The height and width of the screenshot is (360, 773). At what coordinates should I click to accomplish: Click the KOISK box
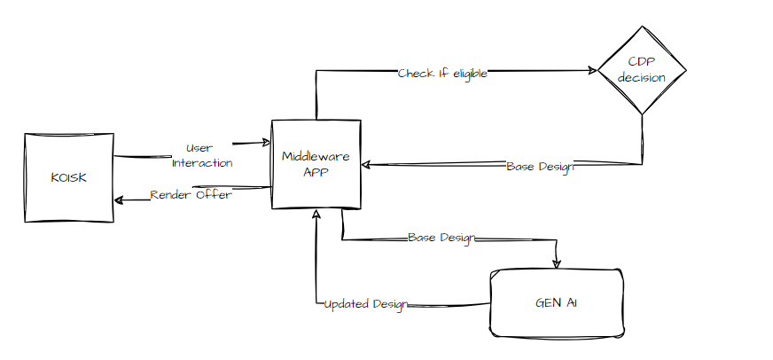(x=68, y=177)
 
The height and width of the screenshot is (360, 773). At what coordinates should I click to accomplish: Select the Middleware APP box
(x=316, y=164)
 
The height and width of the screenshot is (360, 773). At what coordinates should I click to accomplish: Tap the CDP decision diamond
(x=643, y=70)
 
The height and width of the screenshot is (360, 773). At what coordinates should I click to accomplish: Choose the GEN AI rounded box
(x=557, y=303)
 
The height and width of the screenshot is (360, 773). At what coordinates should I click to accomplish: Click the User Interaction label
(x=201, y=155)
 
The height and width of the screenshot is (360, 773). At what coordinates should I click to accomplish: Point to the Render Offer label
(x=191, y=195)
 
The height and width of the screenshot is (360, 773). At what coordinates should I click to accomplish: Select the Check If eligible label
(x=442, y=73)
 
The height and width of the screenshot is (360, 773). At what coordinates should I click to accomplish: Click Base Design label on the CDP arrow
(x=540, y=166)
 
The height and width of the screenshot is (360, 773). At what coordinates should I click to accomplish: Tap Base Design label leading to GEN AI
(x=441, y=239)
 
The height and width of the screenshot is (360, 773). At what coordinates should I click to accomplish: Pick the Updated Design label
(x=364, y=304)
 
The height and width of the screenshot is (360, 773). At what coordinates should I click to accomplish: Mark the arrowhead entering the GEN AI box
(x=557, y=263)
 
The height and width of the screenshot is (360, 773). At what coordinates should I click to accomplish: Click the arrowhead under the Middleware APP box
(x=316, y=215)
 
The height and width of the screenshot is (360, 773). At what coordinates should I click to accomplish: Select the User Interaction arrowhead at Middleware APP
(x=265, y=142)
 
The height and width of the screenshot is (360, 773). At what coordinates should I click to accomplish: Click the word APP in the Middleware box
(x=316, y=172)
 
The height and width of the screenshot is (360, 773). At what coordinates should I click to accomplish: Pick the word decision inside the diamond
(x=643, y=78)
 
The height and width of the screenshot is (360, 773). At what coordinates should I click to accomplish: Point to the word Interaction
(x=202, y=163)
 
